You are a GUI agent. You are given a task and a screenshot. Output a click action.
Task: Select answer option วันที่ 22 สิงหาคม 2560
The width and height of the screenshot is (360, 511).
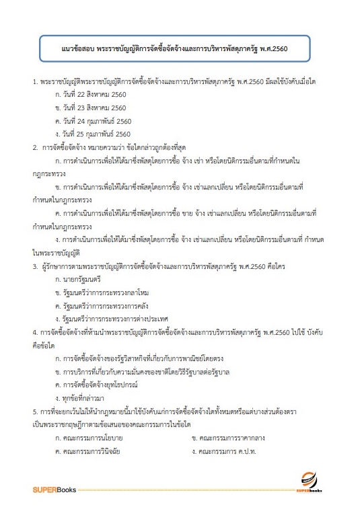(94, 94)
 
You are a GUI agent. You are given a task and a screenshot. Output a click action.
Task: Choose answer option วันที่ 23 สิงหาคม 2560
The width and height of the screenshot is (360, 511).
(94, 108)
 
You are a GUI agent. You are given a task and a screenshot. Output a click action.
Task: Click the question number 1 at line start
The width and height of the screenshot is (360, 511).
(34, 81)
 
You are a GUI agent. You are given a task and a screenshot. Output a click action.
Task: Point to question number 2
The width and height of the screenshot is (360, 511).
(34, 147)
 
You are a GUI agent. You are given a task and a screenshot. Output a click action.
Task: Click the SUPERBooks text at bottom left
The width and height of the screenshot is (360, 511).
(55, 486)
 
